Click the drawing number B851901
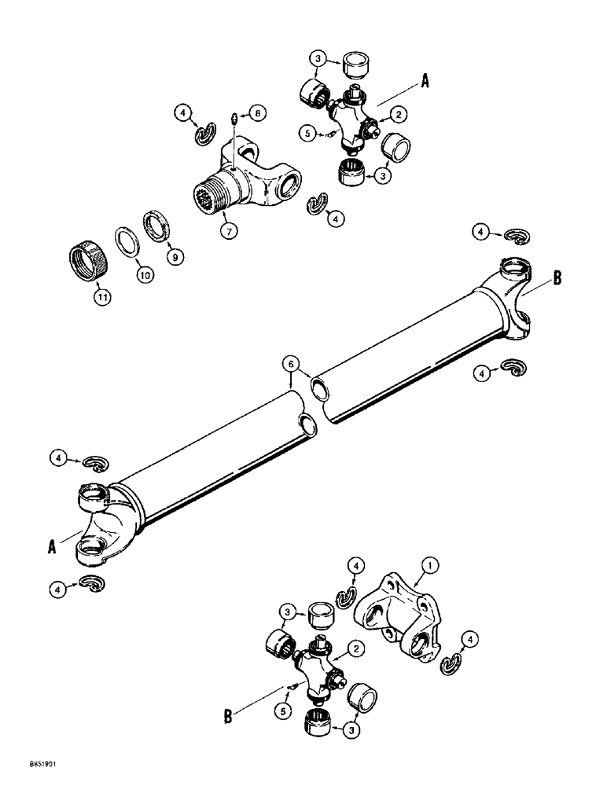pos(28,764)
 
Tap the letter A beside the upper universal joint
pos(425,79)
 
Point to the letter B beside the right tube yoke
pos(557,277)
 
